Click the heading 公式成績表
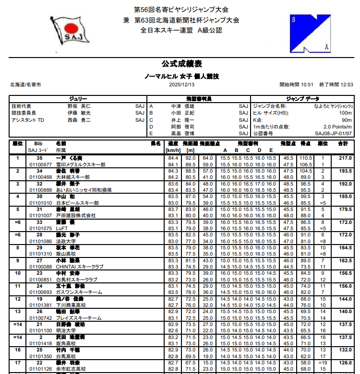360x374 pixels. (181, 64)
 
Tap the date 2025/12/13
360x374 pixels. (181, 84)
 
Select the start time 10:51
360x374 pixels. (307, 84)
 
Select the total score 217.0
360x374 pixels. (345, 158)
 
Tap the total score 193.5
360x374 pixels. (345, 171)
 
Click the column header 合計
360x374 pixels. (343, 143)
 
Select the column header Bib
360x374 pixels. (38, 143)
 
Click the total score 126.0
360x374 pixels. (345, 362)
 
